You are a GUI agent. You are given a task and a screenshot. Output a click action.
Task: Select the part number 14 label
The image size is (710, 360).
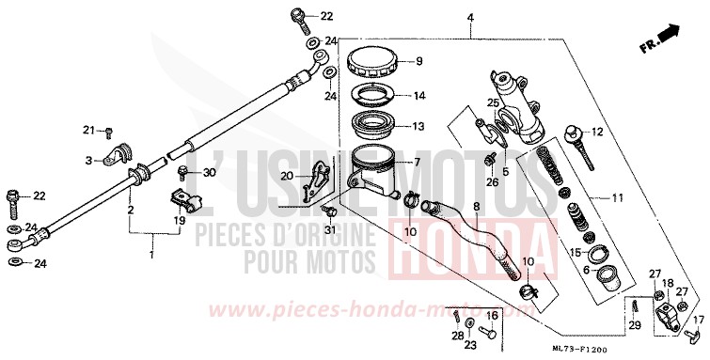419,95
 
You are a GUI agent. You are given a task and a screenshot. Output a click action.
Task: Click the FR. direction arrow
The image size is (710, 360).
668,36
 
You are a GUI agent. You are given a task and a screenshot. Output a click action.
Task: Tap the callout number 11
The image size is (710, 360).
616,199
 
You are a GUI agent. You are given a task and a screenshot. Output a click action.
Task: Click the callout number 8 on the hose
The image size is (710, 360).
476,205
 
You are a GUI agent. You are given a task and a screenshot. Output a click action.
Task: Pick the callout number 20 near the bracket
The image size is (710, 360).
286,177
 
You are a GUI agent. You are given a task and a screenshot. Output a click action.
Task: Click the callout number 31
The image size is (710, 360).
330,231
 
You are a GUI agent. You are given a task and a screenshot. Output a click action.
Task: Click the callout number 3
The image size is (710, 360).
89,161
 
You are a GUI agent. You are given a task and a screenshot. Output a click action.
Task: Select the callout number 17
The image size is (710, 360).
697,320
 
